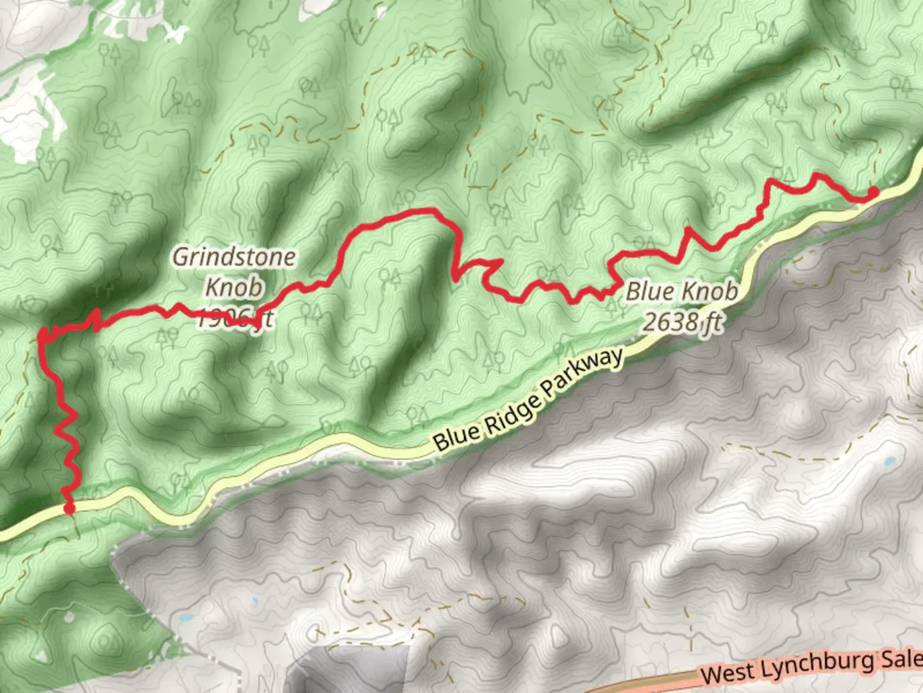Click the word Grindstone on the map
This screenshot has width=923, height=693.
point(234,257)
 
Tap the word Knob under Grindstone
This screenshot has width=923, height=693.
point(234,287)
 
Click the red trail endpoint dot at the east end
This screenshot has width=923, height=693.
point(873,191)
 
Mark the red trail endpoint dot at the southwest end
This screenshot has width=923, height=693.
point(69,508)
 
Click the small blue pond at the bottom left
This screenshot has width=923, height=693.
point(186,619)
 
